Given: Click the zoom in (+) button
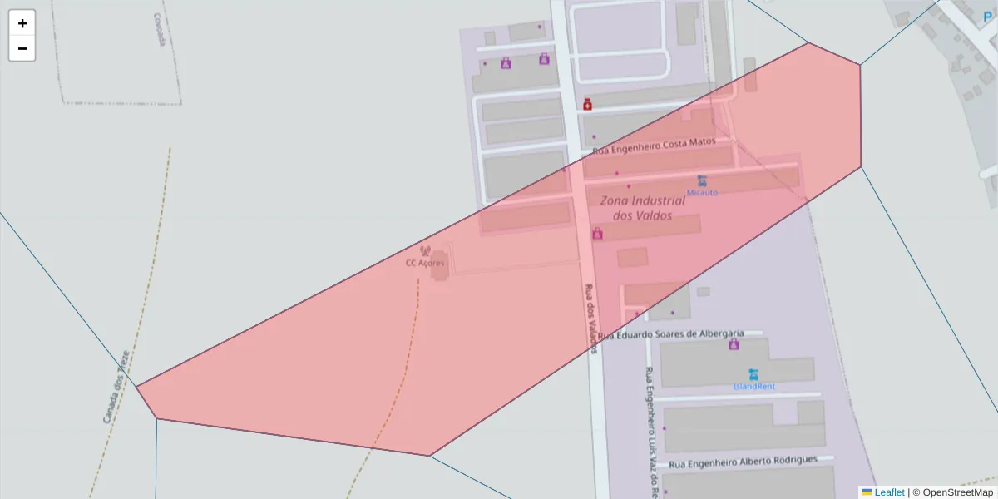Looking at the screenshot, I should click(x=22, y=23).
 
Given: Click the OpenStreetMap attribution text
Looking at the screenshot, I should click(x=957, y=492).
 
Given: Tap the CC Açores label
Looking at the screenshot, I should click(x=425, y=264).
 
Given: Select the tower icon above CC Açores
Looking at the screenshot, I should click(x=426, y=251).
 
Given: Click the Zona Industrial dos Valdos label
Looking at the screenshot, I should click(x=643, y=208).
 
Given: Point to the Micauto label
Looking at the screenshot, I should click(x=702, y=192).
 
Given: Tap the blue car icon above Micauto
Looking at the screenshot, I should click(x=702, y=180).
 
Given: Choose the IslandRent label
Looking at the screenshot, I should click(x=753, y=386).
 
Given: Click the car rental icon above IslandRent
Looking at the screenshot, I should click(x=753, y=373).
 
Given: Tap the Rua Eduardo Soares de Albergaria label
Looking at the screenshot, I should click(x=670, y=334).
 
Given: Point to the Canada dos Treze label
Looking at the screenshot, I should click(x=117, y=386).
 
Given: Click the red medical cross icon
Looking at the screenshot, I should click(x=588, y=105).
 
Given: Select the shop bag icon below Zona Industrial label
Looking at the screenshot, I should click(x=597, y=234).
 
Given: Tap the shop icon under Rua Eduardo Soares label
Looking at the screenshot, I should click(x=734, y=344).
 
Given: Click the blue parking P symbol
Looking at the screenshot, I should click(x=989, y=16).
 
